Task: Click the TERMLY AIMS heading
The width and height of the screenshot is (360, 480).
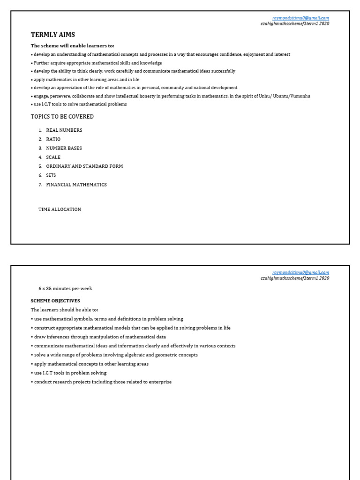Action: tap(52, 35)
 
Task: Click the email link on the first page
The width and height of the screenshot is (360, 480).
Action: tap(300, 18)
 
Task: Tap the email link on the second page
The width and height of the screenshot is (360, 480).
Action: tap(300, 272)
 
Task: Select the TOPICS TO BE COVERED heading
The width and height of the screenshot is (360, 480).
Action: tap(62, 117)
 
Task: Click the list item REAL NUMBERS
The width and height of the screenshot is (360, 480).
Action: tap(64, 130)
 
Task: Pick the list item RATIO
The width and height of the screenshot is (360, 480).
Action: tap(53, 139)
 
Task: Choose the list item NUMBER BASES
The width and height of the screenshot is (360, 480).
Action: tap(64, 148)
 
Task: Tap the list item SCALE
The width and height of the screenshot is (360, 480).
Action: tap(53, 157)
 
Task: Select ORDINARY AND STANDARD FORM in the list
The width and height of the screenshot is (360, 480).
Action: tap(84, 166)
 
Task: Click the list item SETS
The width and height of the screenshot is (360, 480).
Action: tap(51, 175)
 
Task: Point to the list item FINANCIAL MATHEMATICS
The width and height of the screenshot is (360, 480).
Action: tap(76, 185)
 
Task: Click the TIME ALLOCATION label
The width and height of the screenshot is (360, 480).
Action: tap(60, 210)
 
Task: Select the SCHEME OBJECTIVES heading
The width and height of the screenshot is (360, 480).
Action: tap(55, 301)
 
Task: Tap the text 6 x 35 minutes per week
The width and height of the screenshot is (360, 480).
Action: tap(65, 289)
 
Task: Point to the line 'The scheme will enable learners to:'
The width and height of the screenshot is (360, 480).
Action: tap(72, 46)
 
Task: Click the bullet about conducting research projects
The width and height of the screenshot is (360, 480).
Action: tap(101, 382)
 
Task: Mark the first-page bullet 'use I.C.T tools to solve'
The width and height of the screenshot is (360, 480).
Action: tap(79, 105)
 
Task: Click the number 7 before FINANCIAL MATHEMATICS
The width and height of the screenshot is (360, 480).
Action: tap(40, 185)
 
